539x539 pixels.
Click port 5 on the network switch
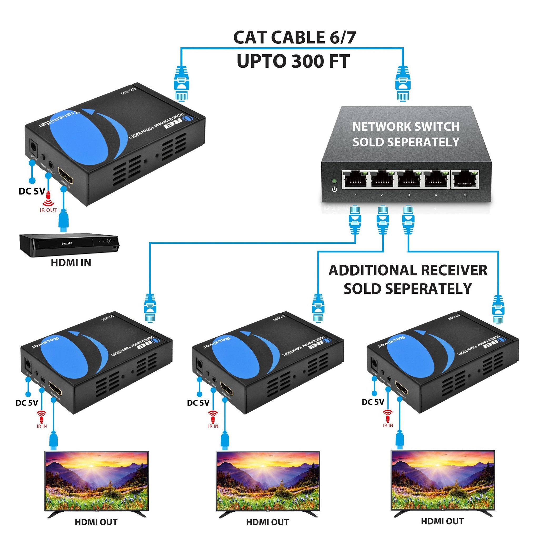tap(465, 179)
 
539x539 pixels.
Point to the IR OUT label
tap(48, 210)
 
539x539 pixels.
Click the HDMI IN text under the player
tap(71, 262)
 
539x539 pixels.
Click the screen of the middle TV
tap(268, 484)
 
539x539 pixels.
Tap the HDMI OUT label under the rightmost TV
tap(442, 521)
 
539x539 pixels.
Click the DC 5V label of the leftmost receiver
tap(27, 403)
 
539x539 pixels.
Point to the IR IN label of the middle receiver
tap(213, 426)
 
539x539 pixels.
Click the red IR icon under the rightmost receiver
tap(388, 415)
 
